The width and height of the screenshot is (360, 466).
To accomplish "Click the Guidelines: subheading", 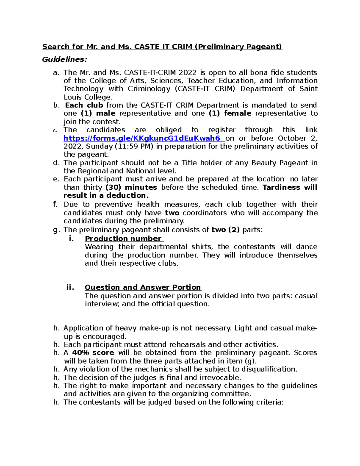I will pos(64,59).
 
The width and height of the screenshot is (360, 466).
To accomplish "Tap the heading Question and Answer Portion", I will pos(143,287).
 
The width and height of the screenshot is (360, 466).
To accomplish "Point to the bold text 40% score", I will pos(93,353).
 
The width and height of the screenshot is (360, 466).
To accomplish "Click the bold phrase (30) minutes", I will pos(131,187).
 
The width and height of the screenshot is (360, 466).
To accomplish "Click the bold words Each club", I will pos(84,105).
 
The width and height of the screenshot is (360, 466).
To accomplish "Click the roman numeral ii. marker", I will pos(70,287).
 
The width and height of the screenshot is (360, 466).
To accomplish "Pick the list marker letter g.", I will pos(55,230).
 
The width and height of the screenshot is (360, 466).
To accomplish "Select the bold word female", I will pos(238,113).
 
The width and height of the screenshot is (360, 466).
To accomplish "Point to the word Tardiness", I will pos(281,187).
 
